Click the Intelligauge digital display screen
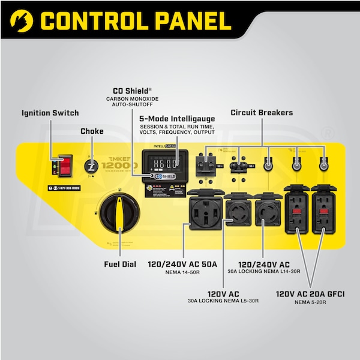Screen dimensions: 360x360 (160, 163)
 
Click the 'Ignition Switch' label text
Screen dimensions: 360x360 (50, 113)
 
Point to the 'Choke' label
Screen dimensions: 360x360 (92, 131)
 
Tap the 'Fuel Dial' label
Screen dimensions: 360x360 (120, 264)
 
